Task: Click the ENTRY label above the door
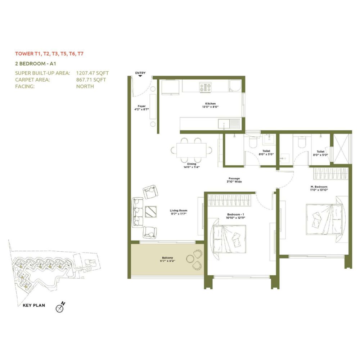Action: click(140, 73)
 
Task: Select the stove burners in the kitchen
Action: click(205, 87)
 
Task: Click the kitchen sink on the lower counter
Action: click(224, 124)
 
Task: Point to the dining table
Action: click(191, 150)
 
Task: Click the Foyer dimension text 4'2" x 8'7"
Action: click(141, 109)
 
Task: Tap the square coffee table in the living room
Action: click(151, 211)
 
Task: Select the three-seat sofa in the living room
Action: click(138, 213)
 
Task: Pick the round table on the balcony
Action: click(190, 259)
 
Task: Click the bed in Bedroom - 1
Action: click(229, 239)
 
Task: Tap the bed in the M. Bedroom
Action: click(324, 219)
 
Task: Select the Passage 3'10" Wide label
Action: click(234, 180)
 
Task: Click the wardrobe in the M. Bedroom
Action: click(330, 174)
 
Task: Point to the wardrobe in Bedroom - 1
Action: click(229, 200)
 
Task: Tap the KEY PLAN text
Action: click(34, 305)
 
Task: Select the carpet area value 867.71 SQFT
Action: click(91, 80)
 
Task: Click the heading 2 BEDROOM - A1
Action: click(36, 64)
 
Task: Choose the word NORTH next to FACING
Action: click(85, 86)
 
